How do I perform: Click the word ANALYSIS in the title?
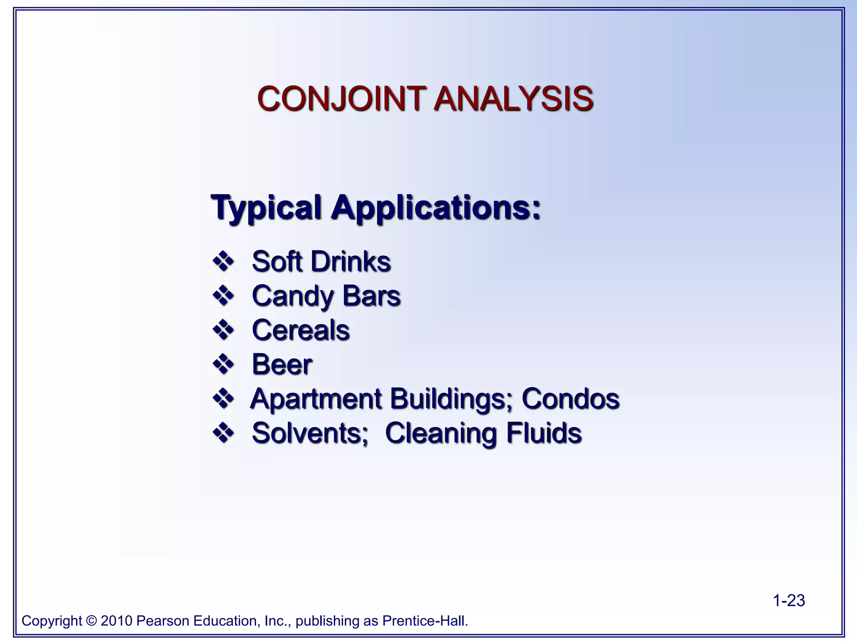pyautogui.click(x=513, y=99)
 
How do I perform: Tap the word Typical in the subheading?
pyautogui.click(x=266, y=207)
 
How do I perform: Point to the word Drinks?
pyautogui.click(x=351, y=262)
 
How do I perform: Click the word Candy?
pyautogui.click(x=292, y=296)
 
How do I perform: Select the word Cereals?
pyautogui.click(x=301, y=330)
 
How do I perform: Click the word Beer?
pyautogui.click(x=282, y=364)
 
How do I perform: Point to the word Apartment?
pyautogui.click(x=316, y=399)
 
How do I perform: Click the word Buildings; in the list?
pyautogui.click(x=452, y=399)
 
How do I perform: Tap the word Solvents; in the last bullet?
pyautogui.click(x=310, y=433)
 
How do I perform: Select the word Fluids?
pyautogui.click(x=544, y=433)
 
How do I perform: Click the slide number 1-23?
pyautogui.click(x=789, y=601)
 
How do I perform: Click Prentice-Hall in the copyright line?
pyautogui.click(x=425, y=621)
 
